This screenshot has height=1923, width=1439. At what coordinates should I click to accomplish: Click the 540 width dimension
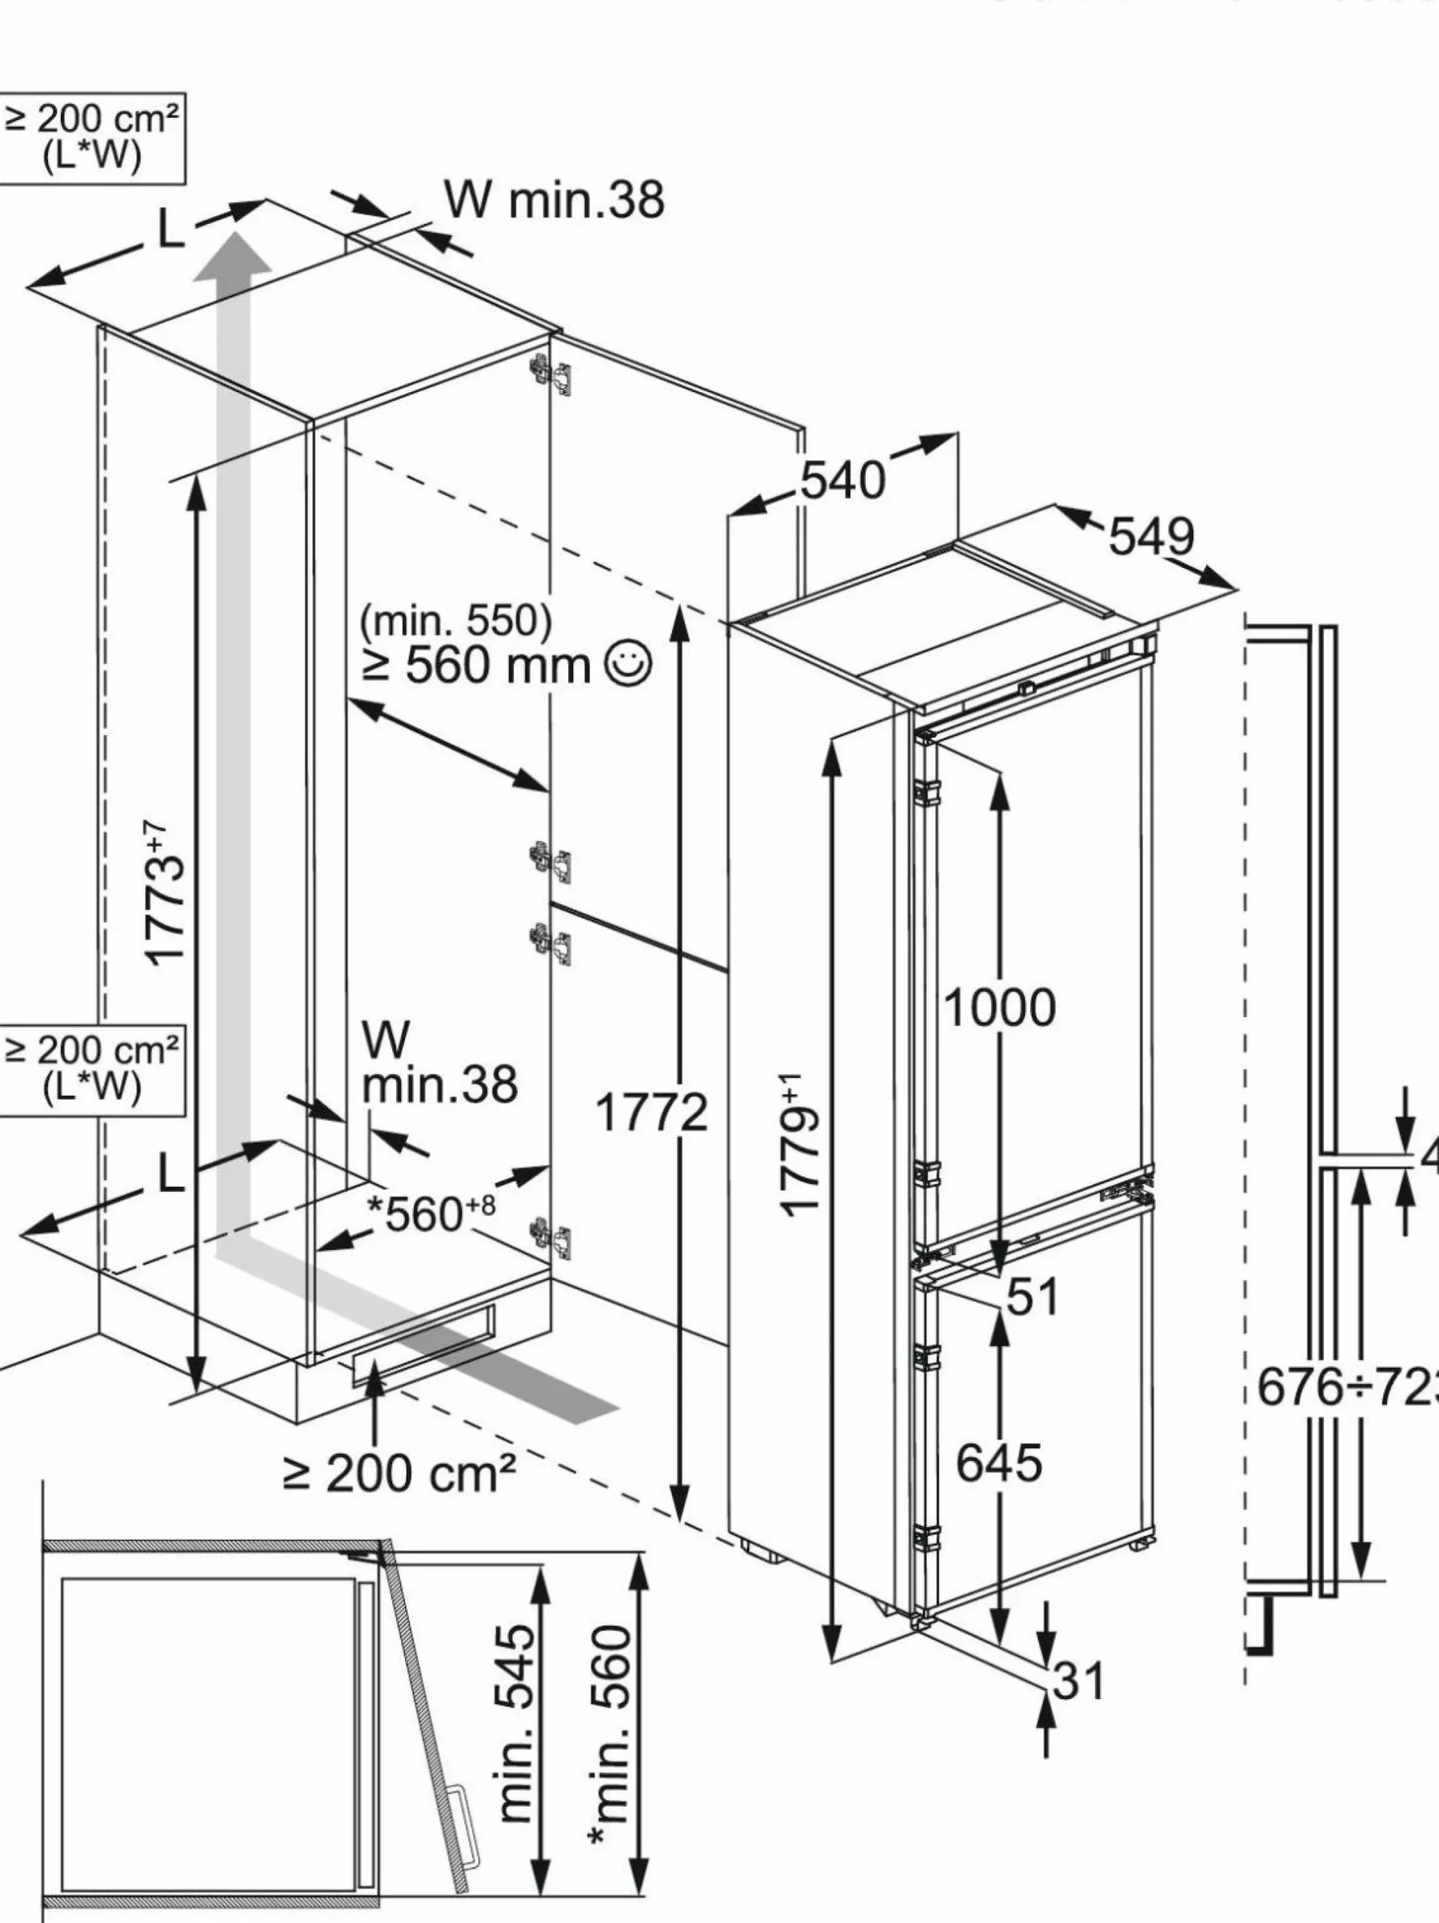(842, 480)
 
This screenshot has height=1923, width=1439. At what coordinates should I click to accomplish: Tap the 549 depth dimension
(1151, 536)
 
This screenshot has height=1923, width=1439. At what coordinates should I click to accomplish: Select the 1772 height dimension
(651, 1112)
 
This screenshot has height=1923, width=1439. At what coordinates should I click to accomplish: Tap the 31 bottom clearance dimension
(1078, 1680)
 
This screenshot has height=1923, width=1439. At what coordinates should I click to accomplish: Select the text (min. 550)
(456, 620)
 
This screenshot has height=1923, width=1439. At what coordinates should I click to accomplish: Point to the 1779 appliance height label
(800, 1145)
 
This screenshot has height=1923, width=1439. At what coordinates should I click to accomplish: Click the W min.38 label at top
(555, 199)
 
